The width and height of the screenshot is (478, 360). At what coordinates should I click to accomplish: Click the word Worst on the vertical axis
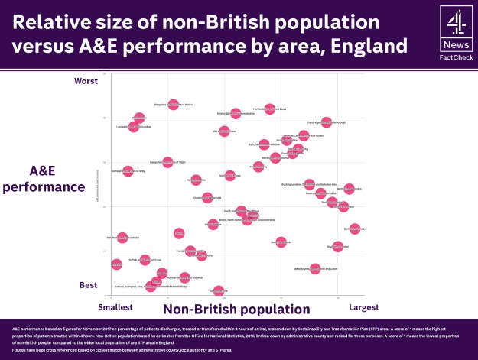(x=86, y=80)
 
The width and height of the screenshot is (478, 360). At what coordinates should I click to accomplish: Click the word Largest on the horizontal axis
(x=363, y=307)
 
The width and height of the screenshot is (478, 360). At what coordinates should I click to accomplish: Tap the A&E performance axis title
(x=57, y=177)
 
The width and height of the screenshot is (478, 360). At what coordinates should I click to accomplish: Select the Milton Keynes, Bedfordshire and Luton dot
(x=315, y=269)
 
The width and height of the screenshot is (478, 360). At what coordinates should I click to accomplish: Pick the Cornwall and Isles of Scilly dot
(x=128, y=172)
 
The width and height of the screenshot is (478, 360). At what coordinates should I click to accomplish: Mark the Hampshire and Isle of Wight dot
(x=167, y=162)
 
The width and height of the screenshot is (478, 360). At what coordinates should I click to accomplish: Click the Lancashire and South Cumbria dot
(x=134, y=126)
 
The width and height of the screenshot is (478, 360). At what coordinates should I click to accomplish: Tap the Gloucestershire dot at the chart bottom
(x=219, y=290)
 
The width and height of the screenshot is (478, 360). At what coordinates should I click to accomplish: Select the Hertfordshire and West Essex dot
(x=269, y=109)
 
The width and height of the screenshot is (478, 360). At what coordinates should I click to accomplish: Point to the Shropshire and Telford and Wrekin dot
(x=174, y=104)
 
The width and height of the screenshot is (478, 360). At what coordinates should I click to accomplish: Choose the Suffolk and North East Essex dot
(x=145, y=260)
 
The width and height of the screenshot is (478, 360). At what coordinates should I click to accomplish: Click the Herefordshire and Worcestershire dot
(x=236, y=113)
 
